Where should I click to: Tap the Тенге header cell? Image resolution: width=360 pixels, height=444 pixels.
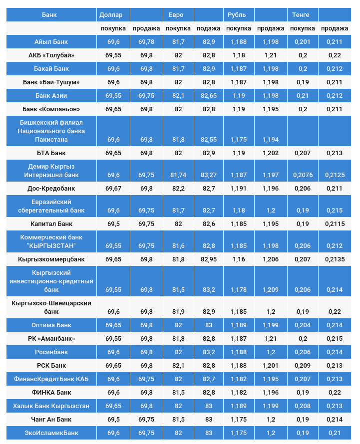301,15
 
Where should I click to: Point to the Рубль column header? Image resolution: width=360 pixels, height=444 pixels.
237,15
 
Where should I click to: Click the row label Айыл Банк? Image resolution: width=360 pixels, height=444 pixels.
51,42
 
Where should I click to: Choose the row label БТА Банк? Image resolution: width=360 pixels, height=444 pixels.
51,153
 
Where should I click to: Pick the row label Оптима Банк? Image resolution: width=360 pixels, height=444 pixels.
51,325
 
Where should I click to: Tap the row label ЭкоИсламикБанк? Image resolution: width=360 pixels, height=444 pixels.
51,433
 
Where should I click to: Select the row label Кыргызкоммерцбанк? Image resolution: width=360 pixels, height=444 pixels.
51,259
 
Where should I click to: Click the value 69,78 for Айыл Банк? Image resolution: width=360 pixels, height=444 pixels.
146,42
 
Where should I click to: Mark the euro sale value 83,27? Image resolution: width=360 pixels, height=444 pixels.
209,175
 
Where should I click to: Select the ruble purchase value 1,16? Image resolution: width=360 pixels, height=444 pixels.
239,259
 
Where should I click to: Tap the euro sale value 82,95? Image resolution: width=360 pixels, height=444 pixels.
209,259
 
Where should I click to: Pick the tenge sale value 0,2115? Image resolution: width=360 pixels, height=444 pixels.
334,224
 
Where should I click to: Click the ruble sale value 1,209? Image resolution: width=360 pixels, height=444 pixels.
271,289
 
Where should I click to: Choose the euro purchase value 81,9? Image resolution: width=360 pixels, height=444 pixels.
178,312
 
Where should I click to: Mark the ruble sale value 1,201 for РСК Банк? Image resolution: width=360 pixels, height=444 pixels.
271,366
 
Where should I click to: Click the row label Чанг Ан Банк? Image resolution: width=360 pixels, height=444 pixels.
51,420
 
